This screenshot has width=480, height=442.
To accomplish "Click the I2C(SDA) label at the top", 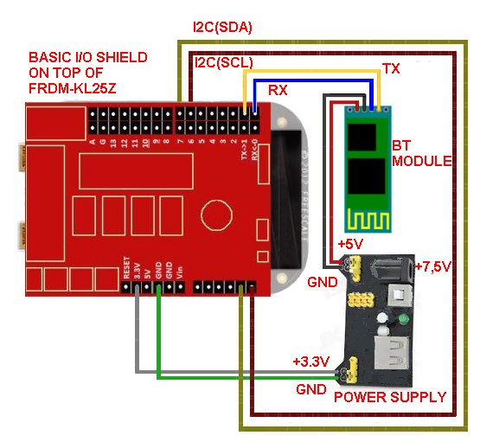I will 222,27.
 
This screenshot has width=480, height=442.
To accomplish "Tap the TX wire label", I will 391,67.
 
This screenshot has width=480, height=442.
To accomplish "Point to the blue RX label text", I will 278,89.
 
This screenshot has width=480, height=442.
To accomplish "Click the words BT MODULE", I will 421,154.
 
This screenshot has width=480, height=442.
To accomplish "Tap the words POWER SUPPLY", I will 390,397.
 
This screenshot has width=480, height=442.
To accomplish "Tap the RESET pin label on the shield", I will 126,266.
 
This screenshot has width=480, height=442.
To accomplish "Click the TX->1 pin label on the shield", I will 244,151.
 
